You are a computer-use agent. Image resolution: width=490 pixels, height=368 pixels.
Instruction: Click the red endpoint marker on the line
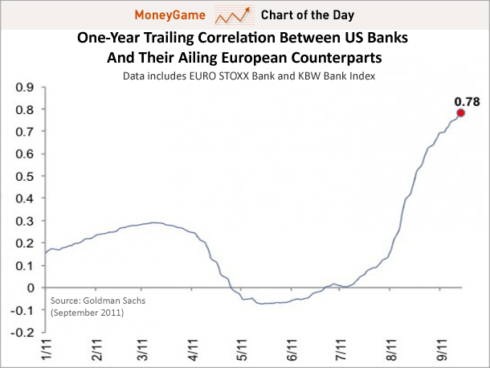click(x=461, y=113)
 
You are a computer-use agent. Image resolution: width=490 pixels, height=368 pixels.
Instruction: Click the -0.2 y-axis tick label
click(x=23, y=332)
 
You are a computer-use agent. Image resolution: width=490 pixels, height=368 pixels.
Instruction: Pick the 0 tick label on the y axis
click(x=32, y=288)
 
